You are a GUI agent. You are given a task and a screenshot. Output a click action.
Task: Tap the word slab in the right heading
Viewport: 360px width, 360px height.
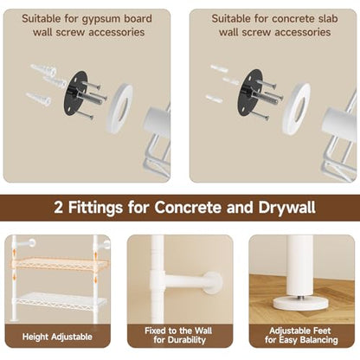(326, 19)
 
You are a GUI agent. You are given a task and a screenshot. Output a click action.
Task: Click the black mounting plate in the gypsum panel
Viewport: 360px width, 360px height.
(74, 93)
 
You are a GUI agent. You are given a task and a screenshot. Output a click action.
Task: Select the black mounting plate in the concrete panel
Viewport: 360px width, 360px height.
(249, 93)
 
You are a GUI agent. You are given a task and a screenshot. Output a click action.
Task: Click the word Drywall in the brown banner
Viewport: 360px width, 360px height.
(286, 207)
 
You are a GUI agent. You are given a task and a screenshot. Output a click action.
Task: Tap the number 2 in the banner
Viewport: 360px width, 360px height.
(58, 208)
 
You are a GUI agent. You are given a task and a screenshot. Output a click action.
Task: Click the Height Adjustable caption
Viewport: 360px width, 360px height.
(57, 337)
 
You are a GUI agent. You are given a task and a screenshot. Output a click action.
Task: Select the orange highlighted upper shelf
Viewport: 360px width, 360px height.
(60, 264)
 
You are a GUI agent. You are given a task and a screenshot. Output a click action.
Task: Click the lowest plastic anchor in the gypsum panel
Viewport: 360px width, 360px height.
(39, 99)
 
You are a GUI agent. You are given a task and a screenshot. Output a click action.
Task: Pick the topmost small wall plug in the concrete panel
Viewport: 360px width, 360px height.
(219, 68)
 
